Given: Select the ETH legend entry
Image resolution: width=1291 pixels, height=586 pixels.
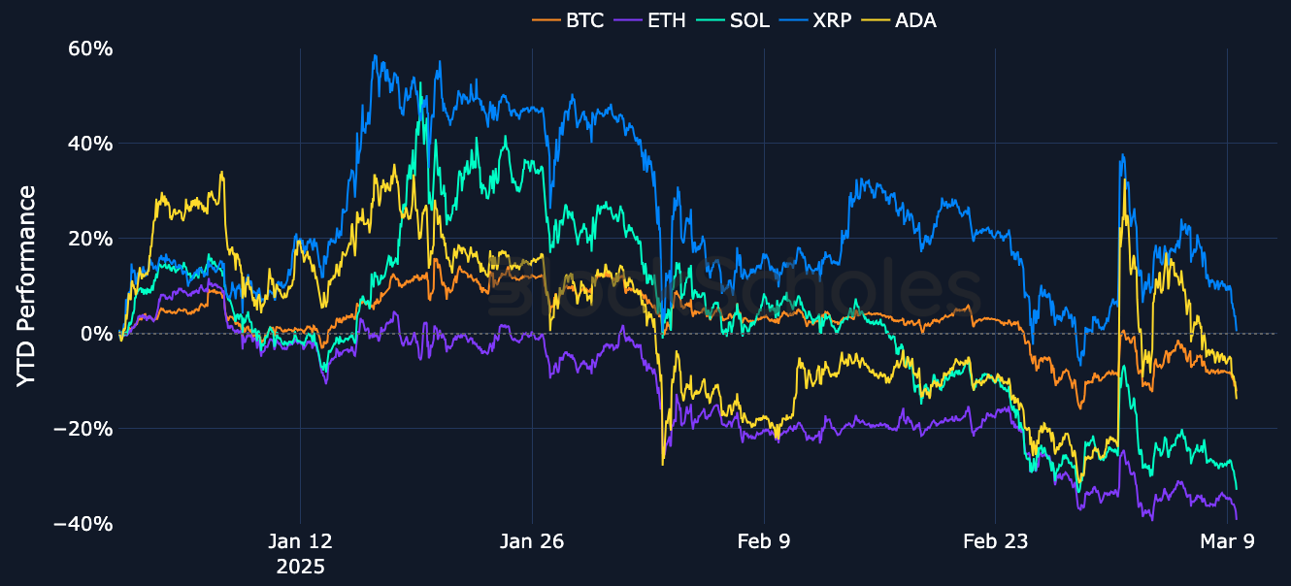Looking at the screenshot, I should [x=653, y=19].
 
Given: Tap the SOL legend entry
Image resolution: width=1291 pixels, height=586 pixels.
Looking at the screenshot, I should [x=737, y=19].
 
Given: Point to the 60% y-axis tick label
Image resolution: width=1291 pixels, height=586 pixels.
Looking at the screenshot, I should [x=89, y=49].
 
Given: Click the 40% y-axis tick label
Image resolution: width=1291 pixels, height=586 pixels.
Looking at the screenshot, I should [x=89, y=144].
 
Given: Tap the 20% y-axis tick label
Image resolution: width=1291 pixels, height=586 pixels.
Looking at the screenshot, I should [x=89, y=239].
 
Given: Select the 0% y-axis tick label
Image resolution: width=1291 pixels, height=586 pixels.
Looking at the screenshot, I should [x=96, y=334].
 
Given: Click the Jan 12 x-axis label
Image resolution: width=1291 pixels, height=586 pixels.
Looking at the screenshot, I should [x=300, y=542].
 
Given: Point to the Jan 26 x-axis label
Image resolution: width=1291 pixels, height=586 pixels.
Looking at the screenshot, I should [x=532, y=542].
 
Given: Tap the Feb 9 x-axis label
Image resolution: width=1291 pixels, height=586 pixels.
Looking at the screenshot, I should [x=764, y=542].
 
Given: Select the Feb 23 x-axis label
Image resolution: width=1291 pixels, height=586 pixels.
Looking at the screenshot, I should [x=995, y=542].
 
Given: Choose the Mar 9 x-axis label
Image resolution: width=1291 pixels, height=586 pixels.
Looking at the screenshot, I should [x=1227, y=542].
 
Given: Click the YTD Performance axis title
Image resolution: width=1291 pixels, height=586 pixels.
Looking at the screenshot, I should [x=27, y=286].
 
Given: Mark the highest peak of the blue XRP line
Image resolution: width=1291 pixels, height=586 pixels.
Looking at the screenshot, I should [x=375, y=56].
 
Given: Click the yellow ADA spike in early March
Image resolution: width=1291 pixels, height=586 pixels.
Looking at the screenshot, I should [x=1124, y=180].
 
